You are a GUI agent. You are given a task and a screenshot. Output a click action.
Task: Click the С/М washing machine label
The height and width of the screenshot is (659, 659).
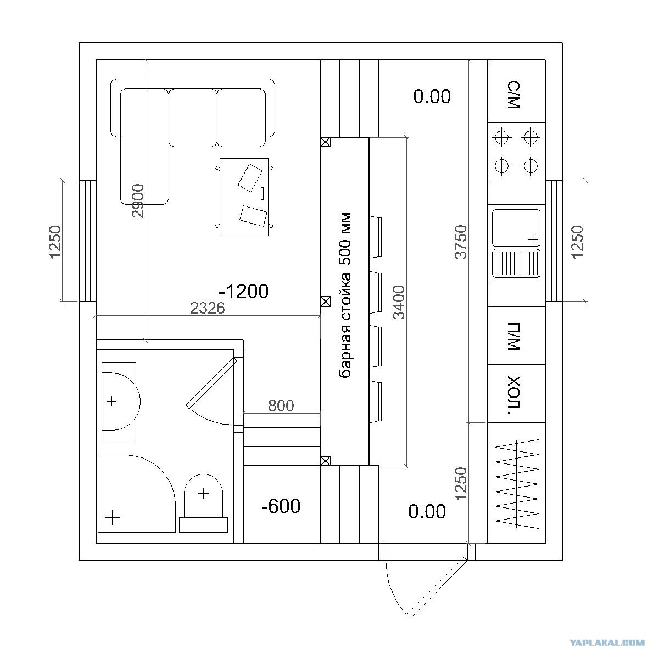point(514,94)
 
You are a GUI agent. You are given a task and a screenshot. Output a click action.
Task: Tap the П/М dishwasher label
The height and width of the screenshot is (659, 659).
point(514,336)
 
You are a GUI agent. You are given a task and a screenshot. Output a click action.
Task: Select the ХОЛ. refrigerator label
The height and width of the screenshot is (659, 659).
point(514,395)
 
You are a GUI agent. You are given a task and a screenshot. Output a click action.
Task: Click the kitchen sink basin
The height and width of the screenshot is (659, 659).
point(516,228)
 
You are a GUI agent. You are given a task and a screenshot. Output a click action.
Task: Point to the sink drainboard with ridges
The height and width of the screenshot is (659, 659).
point(516,264)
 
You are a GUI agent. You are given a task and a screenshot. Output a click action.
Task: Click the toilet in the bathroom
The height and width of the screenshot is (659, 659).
point(204,503)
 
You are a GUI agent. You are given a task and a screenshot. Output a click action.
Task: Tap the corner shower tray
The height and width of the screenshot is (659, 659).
point(136,494)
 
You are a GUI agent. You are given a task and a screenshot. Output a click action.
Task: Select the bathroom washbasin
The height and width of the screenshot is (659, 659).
point(120,401)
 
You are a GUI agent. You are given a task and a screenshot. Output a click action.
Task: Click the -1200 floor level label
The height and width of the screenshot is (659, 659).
point(244,292)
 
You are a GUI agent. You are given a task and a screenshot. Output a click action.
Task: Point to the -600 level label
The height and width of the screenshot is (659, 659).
point(281,506)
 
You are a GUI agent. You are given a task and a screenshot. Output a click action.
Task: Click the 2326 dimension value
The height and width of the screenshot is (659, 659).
point(208,309)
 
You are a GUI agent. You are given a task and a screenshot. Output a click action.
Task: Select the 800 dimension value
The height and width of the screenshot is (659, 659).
point(281,406)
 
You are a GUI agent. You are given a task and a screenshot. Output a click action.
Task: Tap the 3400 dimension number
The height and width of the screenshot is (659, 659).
point(399,302)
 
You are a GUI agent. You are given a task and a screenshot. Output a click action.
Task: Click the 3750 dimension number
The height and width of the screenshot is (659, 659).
point(461,242)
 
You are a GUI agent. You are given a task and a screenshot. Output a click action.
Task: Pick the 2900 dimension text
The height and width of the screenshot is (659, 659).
point(138,201)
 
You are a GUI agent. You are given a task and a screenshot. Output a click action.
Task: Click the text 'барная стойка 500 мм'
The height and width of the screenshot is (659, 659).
point(345,295)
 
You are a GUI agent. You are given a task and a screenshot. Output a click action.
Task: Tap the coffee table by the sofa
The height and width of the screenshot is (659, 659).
point(244,197)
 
